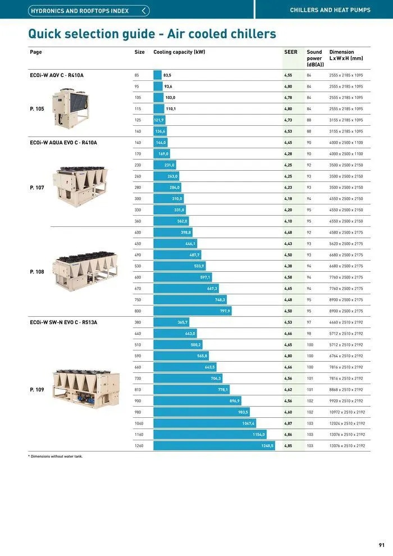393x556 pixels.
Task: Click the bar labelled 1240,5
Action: (x=214, y=445)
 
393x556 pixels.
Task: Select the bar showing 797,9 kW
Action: (x=192, y=311)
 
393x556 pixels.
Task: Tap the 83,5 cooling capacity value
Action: (x=167, y=75)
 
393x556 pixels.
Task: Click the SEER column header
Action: (x=291, y=52)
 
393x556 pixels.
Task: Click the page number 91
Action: (x=382, y=545)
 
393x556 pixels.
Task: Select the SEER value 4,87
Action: (x=288, y=423)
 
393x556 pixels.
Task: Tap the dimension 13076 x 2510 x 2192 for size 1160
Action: (x=347, y=434)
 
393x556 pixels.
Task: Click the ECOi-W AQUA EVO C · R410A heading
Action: (x=63, y=143)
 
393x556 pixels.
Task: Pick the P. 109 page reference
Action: (x=37, y=389)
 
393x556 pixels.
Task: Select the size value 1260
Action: (x=139, y=445)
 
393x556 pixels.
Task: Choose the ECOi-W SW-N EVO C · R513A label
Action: (x=63, y=322)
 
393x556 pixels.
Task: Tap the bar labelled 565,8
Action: (x=181, y=356)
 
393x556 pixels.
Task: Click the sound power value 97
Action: (x=309, y=322)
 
